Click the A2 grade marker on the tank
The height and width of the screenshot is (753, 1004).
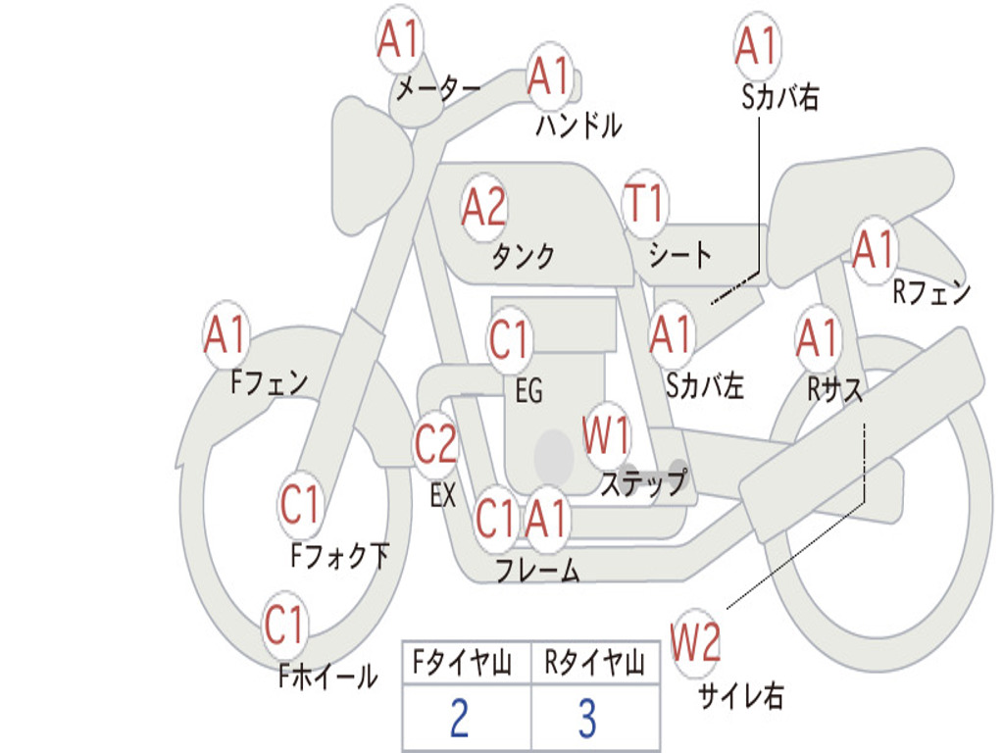pyautogui.click(x=484, y=207)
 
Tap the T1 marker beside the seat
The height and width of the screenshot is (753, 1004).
pyautogui.click(x=644, y=204)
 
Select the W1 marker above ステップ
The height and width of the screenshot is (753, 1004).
pyautogui.click(x=607, y=435)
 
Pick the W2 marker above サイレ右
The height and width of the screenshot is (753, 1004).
pyautogui.click(x=695, y=643)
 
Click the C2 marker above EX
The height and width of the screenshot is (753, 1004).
pyautogui.click(x=436, y=445)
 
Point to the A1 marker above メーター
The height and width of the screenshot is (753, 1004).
pyautogui.click(x=399, y=41)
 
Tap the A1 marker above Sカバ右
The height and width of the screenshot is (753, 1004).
pyautogui.click(x=756, y=46)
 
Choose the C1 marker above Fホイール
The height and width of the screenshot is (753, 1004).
pyautogui.click(x=285, y=626)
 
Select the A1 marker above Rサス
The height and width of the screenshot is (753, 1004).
pyautogui.click(x=818, y=339)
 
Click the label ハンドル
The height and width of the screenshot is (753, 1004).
pyautogui.click(x=578, y=125)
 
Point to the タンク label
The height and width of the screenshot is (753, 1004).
pyautogui.click(x=523, y=257)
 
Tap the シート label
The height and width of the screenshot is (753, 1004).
pyautogui.click(x=679, y=255)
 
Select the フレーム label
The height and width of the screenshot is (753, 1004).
pyautogui.click(x=537, y=571)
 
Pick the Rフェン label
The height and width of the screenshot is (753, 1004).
pyautogui.click(x=930, y=292)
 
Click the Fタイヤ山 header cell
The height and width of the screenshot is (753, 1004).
pyautogui.click(x=465, y=664)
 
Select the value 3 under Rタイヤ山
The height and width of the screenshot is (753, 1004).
pyautogui.click(x=587, y=719)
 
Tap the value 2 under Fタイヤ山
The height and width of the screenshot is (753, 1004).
pyautogui.click(x=459, y=719)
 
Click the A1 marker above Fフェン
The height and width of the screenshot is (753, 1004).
pyautogui.click(x=226, y=335)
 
